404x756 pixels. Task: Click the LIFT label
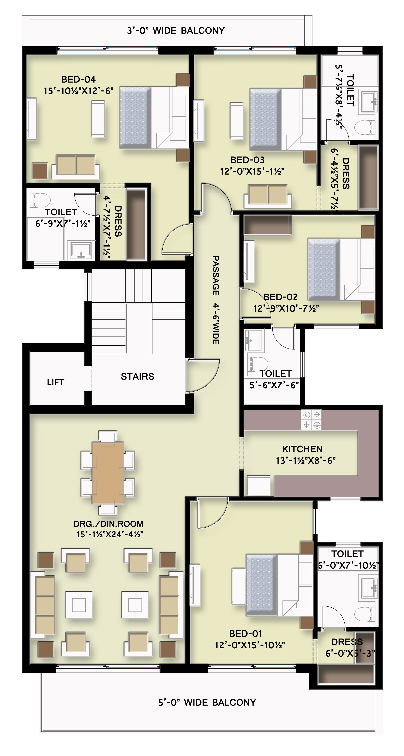(55, 382)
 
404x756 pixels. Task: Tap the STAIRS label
(138, 376)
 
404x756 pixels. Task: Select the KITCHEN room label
(302, 449)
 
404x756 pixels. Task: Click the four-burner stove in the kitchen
(312, 420)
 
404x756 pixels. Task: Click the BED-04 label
(78, 79)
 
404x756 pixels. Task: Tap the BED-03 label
(247, 160)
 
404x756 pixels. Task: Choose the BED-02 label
(281, 297)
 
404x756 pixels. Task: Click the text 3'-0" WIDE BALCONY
(176, 30)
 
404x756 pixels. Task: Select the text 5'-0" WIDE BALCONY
(207, 702)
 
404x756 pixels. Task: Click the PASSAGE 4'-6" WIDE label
(216, 300)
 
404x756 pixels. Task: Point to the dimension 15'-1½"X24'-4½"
(110, 534)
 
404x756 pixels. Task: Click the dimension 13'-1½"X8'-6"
(305, 461)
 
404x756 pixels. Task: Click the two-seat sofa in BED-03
(268, 196)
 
